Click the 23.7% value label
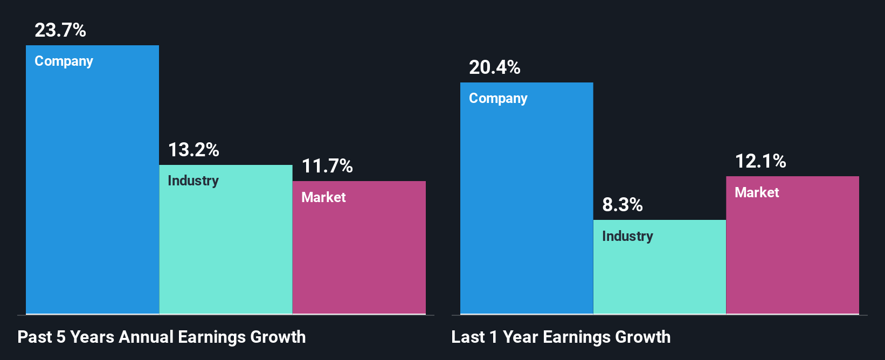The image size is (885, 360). pyautogui.click(x=60, y=30)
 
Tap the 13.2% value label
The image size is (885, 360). pyautogui.click(x=193, y=150)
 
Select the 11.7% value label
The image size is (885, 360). pyautogui.click(x=327, y=166)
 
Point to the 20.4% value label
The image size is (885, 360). pyautogui.click(x=495, y=67)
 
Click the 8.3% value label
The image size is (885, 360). pyautogui.click(x=623, y=205)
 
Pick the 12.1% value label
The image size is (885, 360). pyautogui.click(x=760, y=161)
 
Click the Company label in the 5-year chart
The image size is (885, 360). pyautogui.click(x=64, y=61)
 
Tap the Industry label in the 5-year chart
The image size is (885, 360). pyautogui.click(x=193, y=181)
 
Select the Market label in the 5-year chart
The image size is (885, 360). pyautogui.click(x=323, y=197)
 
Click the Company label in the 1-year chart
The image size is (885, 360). pyautogui.click(x=498, y=99)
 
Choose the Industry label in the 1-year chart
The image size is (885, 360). pyautogui.click(x=627, y=237)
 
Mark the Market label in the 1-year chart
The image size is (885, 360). pyautogui.click(x=757, y=193)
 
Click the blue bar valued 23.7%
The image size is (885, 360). pyautogui.click(x=92, y=189)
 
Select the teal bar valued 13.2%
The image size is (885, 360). pyautogui.click(x=226, y=248)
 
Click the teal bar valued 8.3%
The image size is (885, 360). pyautogui.click(x=660, y=275)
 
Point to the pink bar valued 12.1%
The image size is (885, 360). pyautogui.click(x=792, y=253)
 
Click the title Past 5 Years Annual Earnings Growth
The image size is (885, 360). pyautogui.click(x=162, y=337)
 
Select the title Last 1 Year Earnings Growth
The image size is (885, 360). pyautogui.click(x=561, y=337)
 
